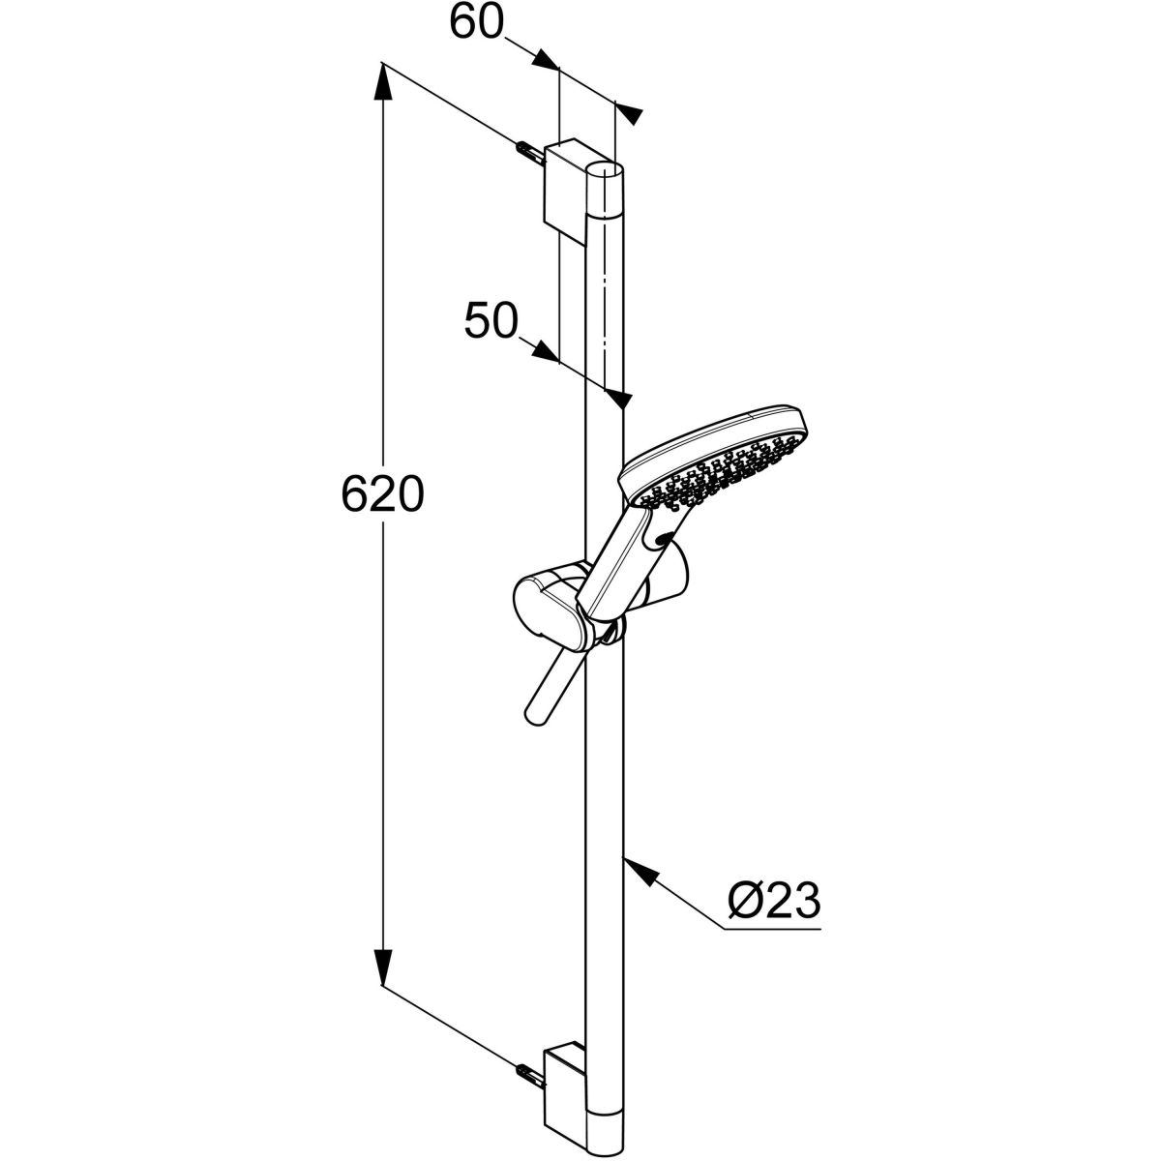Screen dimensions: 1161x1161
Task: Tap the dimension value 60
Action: pos(476,24)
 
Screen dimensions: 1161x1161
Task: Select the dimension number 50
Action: pos(491,320)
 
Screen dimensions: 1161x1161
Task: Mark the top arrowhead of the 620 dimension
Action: pos(383,80)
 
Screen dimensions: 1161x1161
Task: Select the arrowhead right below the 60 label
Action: pos(546,60)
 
